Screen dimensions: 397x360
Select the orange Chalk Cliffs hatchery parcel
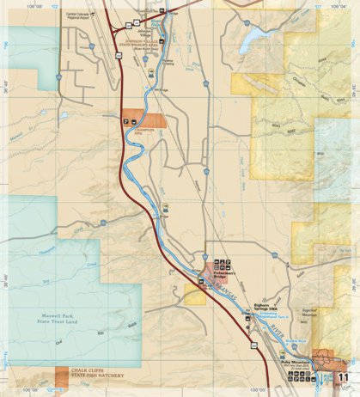coord(62,376)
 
